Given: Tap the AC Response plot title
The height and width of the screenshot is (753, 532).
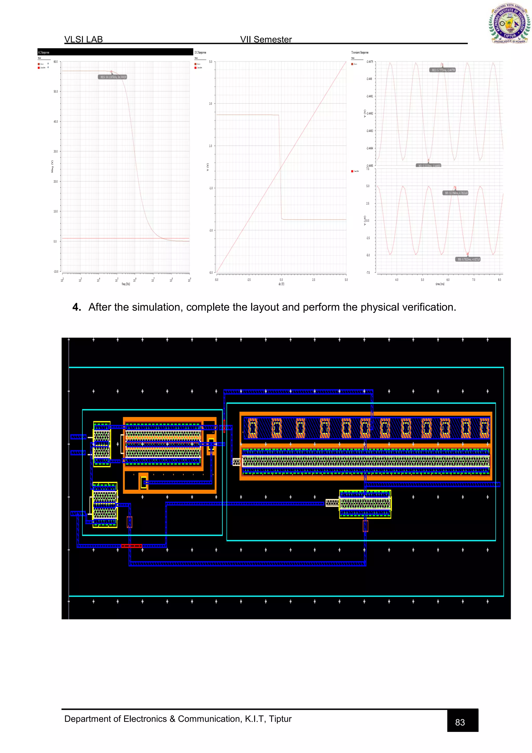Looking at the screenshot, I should pyautogui.click(x=44, y=53).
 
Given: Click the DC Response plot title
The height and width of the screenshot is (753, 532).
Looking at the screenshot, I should pyautogui.click(x=200, y=53).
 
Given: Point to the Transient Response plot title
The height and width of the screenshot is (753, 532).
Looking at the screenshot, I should pyautogui.click(x=360, y=53).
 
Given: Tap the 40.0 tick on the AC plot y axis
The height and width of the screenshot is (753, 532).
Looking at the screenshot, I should pyautogui.click(x=55, y=122).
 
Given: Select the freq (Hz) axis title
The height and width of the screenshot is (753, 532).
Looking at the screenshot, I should pyautogui.click(x=126, y=284).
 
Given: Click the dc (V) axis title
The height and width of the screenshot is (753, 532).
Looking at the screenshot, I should pyautogui.click(x=281, y=284).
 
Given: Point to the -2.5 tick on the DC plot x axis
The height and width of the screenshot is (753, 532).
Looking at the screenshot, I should pyautogui.click(x=249, y=280).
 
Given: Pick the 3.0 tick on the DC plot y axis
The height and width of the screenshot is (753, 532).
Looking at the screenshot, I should pyautogui.click(x=210, y=104).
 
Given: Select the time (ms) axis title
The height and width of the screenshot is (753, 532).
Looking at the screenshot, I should pyautogui.click(x=440, y=284).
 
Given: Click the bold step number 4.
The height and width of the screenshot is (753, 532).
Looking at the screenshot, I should pyautogui.click(x=76, y=307).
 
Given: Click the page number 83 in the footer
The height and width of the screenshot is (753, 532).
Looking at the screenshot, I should pyautogui.click(x=460, y=722).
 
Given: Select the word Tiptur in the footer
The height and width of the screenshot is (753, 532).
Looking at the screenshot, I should pyautogui.click(x=280, y=719).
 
